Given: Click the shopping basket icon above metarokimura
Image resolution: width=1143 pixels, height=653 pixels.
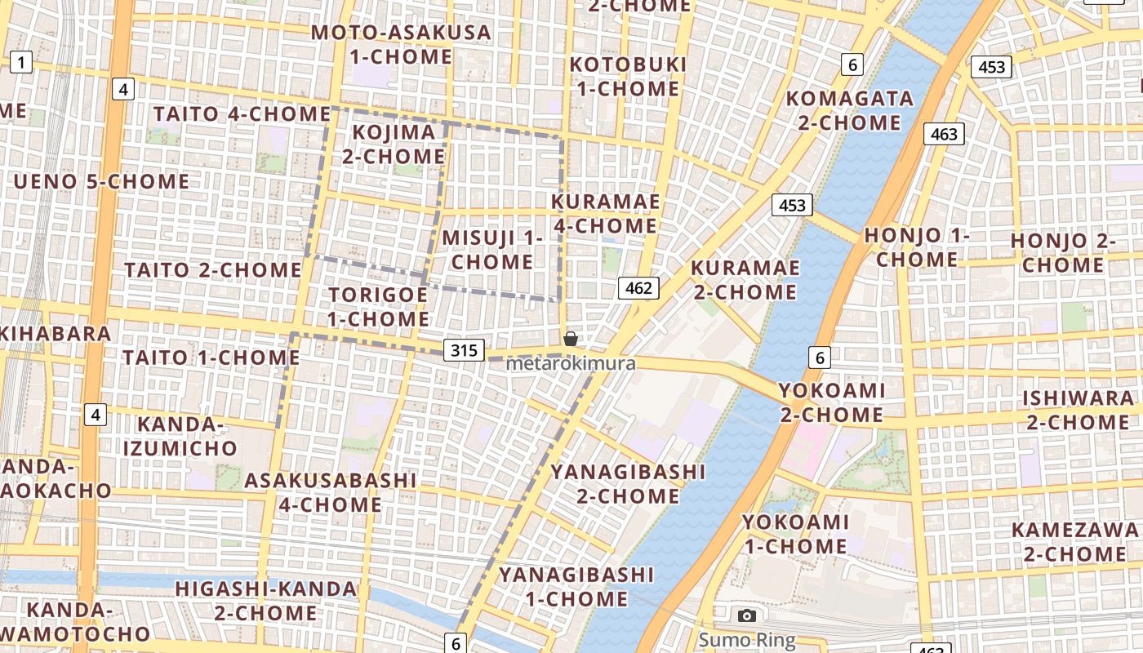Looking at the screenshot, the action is click(571, 339).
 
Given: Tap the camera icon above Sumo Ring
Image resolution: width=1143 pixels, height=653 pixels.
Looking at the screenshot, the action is click(746, 616).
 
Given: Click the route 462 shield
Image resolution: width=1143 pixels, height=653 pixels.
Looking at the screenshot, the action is click(638, 287).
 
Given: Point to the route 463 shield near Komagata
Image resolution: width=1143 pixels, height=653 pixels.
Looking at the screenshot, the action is click(944, 134).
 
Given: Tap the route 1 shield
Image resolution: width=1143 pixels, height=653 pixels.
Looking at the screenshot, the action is click(21, 61).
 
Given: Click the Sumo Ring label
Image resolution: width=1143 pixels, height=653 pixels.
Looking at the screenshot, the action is click(746, 639).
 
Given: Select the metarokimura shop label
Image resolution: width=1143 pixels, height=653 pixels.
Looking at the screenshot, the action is click(571, 363).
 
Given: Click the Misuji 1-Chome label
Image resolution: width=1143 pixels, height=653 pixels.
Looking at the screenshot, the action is click(492, 250).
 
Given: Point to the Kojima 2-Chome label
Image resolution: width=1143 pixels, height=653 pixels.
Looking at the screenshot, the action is click(394, 144).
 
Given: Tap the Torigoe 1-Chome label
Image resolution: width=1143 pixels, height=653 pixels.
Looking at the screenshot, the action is click(378, 306).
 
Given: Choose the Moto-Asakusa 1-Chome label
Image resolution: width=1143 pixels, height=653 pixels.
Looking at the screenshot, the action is click(401, 45).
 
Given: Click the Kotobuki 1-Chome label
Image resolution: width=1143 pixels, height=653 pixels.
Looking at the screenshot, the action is click(628, 76).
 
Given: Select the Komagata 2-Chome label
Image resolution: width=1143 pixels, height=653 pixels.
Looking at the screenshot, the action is click(849, 110).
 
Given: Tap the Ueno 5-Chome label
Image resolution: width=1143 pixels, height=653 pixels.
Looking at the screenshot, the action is click(101, 181).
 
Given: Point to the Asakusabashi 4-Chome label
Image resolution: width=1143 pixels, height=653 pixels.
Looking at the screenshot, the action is click(331, 492).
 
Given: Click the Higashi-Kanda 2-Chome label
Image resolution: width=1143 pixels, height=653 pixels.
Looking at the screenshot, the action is click(265, 600).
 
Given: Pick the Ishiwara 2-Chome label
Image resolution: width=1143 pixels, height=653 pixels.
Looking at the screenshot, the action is click(1079, 410).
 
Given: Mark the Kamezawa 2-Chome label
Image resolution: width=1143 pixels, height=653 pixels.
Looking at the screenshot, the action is click(1075, 542).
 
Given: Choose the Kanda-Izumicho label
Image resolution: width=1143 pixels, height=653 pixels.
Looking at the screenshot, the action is click(180, 436).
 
